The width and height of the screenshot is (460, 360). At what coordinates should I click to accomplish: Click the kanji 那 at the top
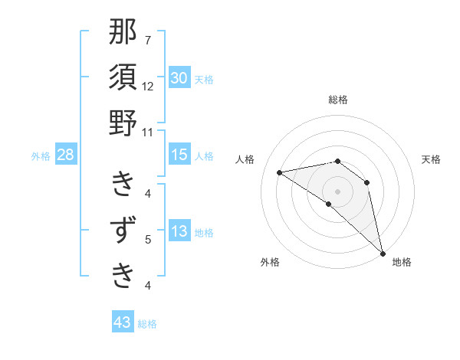pyautogui.click(x=123, y=33)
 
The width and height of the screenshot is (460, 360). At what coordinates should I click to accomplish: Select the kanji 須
pyautogui.click(x=123, y=78)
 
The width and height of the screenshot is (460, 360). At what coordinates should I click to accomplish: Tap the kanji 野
pyautogui.click(x=123, y=123)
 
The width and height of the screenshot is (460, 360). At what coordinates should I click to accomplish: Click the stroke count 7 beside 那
pyautogui.click(x=148, y=40)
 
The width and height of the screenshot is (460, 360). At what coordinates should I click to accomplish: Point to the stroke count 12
pyautogui.click(x=148, y=86)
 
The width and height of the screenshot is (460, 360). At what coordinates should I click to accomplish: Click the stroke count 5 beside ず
pyautogui.click(x=148, y=240)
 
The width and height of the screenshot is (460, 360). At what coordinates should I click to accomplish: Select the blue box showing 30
pyautogui.click(x=179, y=78)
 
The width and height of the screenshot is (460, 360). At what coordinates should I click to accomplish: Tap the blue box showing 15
pyautogui.click(x=179, y=155)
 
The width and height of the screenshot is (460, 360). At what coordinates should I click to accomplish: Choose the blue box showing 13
pyautogui.click(x=179, y=231)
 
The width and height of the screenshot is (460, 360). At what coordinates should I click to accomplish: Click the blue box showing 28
pyautogui.click(x=65, y=155)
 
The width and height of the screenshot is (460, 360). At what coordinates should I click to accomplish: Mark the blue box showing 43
pyautogui.click(x=123, y=322)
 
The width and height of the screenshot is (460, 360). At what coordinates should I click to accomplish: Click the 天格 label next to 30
pyautogui.click(x=204, y=80)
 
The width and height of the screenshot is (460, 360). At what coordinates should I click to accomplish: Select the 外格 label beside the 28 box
pyautogui.click(x=41, y=156)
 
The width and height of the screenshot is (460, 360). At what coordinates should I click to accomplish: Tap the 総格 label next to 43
pyautogui.click(x=147, y=324)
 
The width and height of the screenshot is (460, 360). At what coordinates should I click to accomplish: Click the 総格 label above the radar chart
pyautogui.click(x=338, y=100)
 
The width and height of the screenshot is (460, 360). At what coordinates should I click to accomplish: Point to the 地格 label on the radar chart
pyautogui.click(x=402, y=263)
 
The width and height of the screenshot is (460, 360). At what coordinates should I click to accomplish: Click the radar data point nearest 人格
pyautogui.click(x=279, y=172)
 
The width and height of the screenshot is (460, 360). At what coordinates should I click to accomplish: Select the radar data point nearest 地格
pyautogui.click(x=382, y=253)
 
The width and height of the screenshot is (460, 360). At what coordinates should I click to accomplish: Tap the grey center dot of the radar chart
pyautogui.click(x=337, y=191)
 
